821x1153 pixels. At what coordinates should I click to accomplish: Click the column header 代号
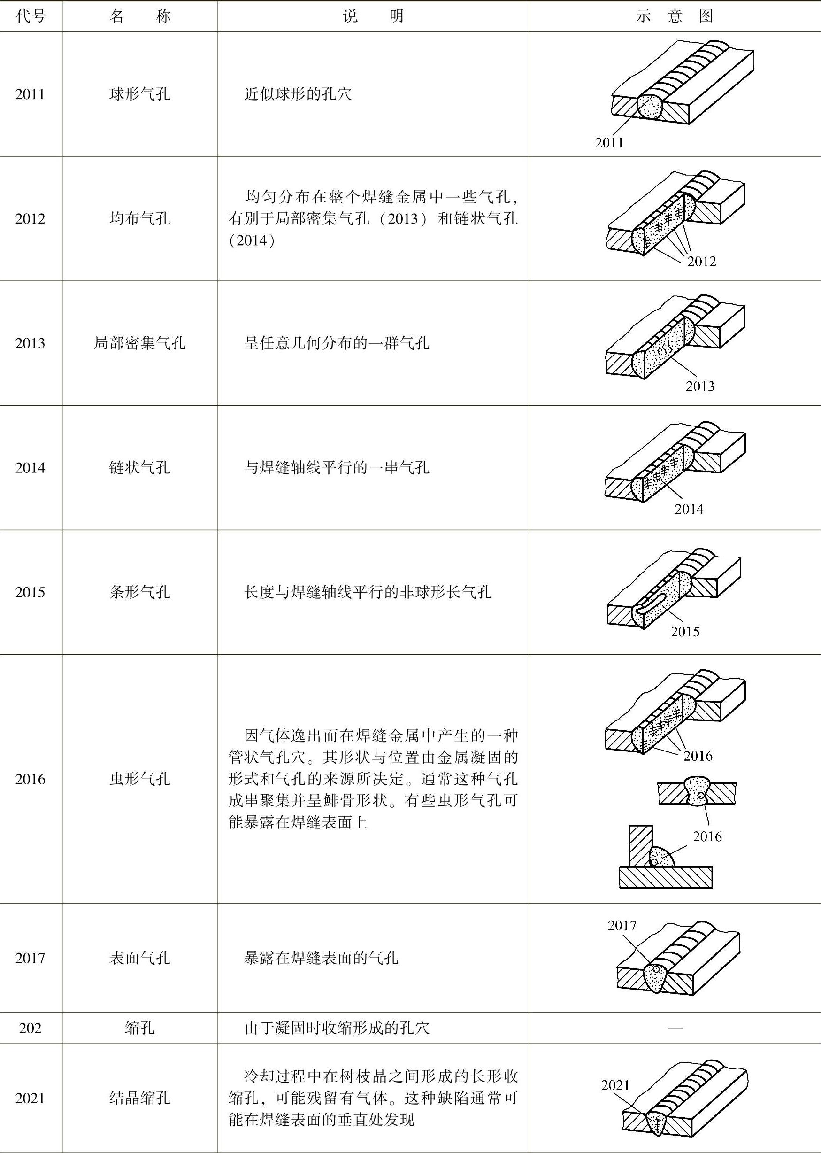click(31, 17)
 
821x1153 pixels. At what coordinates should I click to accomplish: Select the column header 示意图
click(675, 17)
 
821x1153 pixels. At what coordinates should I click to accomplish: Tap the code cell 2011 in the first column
click(31, 94)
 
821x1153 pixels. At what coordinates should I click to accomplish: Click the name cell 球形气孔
click(139, 94)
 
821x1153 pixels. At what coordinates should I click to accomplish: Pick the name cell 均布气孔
click(139, 218)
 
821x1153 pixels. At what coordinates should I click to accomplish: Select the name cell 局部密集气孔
click(139, 343)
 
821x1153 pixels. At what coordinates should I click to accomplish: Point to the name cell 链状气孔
click(139, 467)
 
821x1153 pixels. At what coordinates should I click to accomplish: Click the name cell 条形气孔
click(139, 592)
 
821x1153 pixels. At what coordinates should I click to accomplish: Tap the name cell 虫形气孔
click(139, 779)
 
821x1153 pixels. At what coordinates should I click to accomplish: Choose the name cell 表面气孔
click(139, 957)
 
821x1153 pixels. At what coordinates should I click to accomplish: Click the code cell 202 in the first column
click(31, 1028)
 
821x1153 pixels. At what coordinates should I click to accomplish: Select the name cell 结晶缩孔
click(139, 1098)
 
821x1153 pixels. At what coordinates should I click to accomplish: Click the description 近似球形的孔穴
click(298, 94)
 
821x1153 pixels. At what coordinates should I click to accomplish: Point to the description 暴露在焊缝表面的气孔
click(321, 957)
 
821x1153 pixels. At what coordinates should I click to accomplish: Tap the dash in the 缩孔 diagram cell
click(675, 1028)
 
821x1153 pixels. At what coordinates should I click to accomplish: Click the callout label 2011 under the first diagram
click(609, 143)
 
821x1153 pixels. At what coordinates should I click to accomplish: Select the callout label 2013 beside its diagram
click(700, 387)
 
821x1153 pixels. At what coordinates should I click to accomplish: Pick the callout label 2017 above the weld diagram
click(622, 925)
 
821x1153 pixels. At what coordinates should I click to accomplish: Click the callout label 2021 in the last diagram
click(615, 1085)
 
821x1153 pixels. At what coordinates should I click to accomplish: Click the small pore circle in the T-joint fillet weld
click(654, 862)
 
